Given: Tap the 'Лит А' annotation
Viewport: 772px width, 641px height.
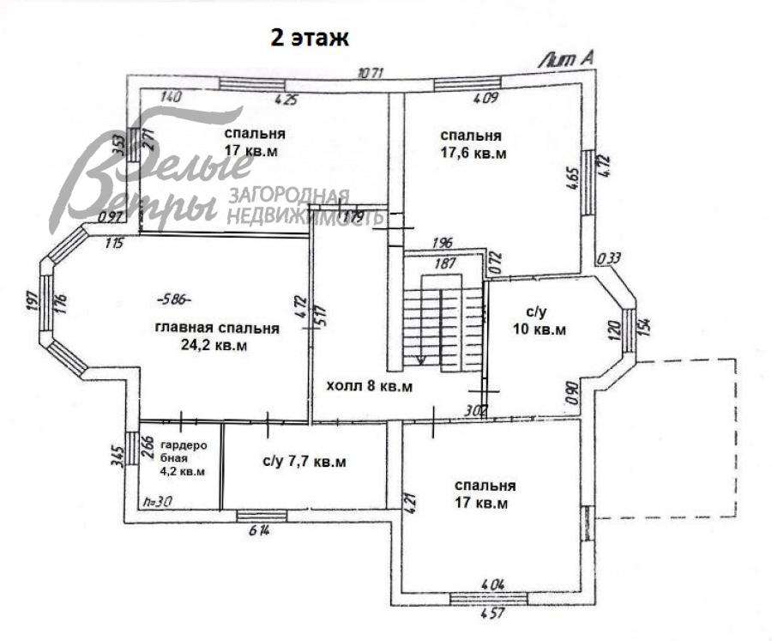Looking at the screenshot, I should pos(566,58).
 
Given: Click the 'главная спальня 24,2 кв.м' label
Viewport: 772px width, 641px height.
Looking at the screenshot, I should pos(216,336).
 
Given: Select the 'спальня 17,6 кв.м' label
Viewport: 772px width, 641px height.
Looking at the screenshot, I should pos(472,145).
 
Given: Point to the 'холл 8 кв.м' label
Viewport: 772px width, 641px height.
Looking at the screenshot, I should pos(370,386).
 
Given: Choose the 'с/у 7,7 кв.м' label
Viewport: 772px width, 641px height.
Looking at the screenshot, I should pos(305,463).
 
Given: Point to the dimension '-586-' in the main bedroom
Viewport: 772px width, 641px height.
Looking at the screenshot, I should pos(174,299).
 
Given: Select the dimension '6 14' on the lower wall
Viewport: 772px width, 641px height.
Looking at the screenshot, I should pos(262,530).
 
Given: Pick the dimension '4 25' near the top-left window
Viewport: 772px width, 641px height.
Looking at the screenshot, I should pos(286,99).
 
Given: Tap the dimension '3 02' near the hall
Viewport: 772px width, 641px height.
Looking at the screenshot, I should pos(474,411).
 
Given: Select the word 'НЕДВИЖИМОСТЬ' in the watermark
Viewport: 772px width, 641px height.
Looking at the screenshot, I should pos(305,216).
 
